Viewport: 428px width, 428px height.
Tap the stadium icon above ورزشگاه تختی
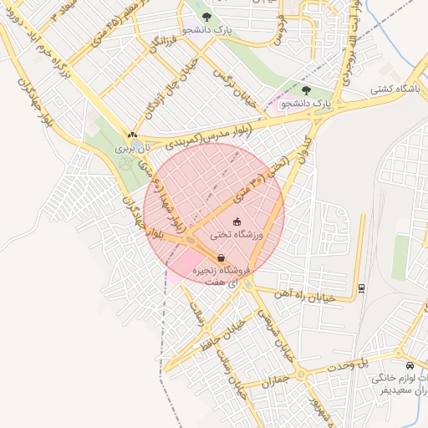[237, 222]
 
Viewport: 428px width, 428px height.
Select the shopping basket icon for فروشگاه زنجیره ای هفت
[221, 258]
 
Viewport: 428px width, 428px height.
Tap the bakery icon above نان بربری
[131, 135]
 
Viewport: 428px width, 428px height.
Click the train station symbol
[360, 288]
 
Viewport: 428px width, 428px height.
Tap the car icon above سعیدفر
[409, 366]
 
